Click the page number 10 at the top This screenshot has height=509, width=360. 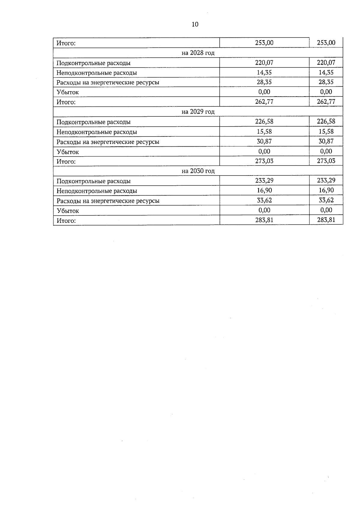(x=195, y=25)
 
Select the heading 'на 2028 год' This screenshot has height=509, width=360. (x=198, y=53)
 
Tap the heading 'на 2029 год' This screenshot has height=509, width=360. (x=198, y=112)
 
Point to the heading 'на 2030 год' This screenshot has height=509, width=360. (x=198, y=171)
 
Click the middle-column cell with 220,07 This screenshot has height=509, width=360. (x=264, y=63)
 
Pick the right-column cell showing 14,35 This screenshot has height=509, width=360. (x=326, y=72)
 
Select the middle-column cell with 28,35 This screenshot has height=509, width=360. (x=264, y=82)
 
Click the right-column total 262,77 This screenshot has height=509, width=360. (x=326, y=102)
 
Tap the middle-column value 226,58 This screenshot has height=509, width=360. (x=264, y=121)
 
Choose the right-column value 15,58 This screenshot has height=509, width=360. (x=326, y=131)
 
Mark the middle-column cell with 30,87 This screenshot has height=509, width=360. (x=264, y=141)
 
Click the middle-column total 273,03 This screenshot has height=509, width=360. (x=264, y=161)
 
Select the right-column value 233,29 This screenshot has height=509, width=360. (x=326, y=181)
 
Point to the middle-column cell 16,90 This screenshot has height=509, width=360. (x=264, y=190)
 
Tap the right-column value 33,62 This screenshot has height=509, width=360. (x=326, y=200)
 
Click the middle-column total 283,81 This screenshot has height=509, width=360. (x=264, y=220)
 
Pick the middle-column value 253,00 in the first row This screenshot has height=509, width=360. (x=264, y=43)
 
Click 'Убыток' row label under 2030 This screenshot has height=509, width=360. (x=68, y=211)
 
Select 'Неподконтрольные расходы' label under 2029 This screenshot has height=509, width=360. (x=97, y=132)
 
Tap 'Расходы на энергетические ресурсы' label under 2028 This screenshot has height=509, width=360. (x=108, y=82)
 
